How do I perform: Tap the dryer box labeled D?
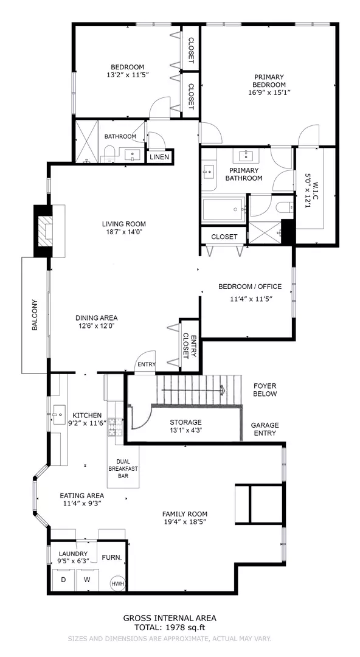coord(63,580)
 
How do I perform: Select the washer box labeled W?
coord(87,580)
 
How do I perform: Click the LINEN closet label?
coord(159,157)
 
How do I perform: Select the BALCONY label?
coord(35,315)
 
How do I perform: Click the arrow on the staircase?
coord(193,390)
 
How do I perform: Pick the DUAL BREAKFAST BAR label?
coord(123,468)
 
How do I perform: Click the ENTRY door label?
coord(147,364)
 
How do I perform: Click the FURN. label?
coord(112,558)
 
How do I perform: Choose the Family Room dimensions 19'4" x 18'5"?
coord(185,522)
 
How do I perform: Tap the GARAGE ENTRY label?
coord(265,429)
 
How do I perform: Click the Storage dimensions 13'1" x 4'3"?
coord(185,430)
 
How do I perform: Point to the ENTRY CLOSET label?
coord(190,346)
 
